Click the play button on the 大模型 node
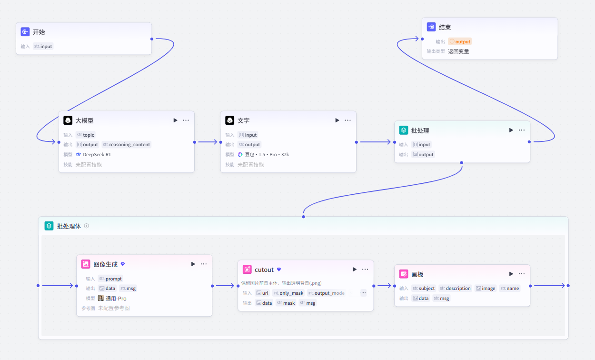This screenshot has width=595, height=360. tap(175, 120)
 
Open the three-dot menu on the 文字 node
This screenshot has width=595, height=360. tap(347, 120)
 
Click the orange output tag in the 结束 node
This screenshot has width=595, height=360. tap(460, 41)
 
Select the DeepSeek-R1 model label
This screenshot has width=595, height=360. tap(97, 154)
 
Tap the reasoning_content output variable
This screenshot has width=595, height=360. tap(127, 145)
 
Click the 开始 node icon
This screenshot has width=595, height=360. tap(25, 32)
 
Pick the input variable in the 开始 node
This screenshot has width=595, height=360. tap(43, 46)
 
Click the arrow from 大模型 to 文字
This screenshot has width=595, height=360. tap(208, 142)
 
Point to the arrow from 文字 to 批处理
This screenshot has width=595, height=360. tap(375, 142)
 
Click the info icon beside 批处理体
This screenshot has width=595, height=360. tap(87, 226)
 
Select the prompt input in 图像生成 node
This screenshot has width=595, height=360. tap(110, 279)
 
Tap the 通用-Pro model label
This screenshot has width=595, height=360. tap(116, 299)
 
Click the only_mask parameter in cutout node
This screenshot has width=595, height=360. tap(288, 293)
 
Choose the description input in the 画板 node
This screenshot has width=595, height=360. tap(455, 288)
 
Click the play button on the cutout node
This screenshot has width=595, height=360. tap(354, 270)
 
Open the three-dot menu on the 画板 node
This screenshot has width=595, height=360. tap(522, 274)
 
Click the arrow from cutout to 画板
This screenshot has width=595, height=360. tap(384, 286)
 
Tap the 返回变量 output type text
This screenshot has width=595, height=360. tap(458, 51)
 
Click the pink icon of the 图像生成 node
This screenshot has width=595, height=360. tap(86, 264)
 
